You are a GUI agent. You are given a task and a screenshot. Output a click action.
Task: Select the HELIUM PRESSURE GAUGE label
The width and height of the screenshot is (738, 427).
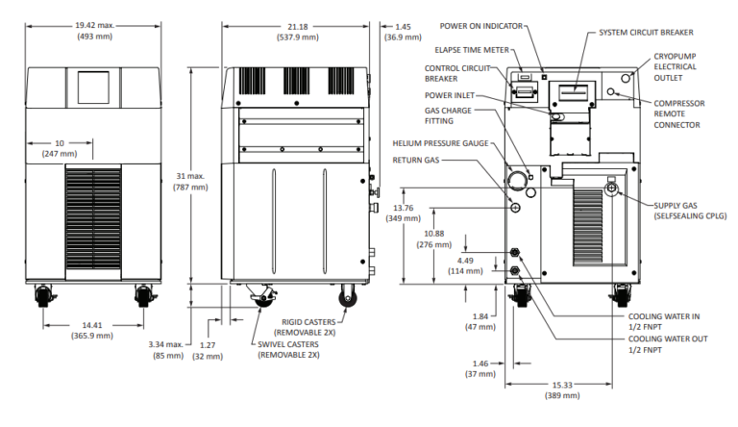click(440, 143)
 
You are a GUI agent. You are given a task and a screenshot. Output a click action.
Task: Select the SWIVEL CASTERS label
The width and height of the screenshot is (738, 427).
click(291, 348)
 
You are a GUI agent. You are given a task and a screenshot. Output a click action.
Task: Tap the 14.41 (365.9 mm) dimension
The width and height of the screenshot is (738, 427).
click(92, 329)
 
